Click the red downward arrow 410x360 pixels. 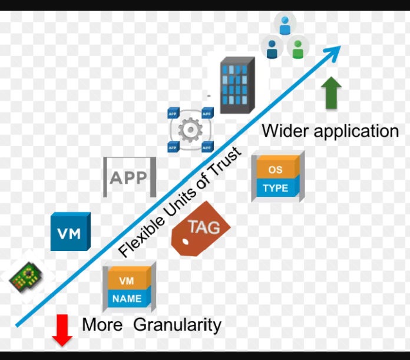pos(62,330)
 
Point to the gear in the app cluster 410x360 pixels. pos(190,130)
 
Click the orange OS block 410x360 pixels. pos(275,169)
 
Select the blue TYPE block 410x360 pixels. pos(275,189)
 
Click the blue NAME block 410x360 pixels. pos(127,299)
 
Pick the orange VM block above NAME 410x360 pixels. pos(127,280)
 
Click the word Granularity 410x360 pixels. pos(177,325)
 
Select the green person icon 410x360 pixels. pos(299,48)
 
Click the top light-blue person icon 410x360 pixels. pos(285,25)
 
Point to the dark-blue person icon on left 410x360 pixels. pos(271,48)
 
